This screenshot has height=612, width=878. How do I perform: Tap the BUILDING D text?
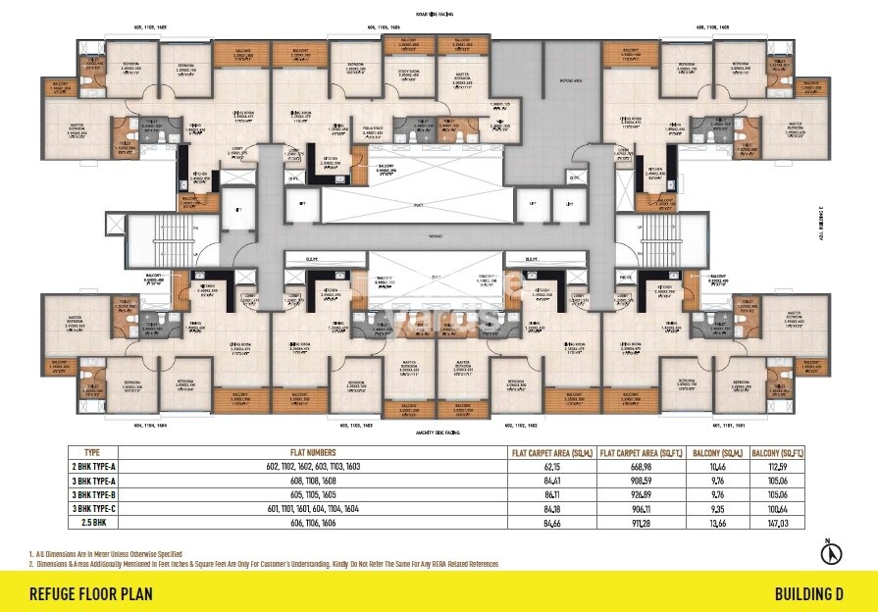808,593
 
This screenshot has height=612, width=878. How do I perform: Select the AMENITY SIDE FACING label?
439,431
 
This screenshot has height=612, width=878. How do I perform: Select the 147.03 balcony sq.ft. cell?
776,525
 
